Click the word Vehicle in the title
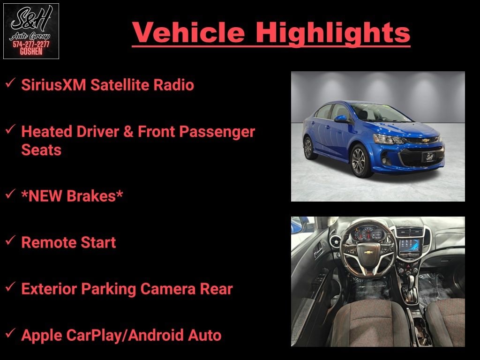pyautogui.click(x=188, y=32)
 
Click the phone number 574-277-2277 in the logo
pyautogui.click(x=31, y=45)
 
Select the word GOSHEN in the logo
pyautogui.click(x=31, y=52)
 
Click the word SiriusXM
pyautogui.click(x=53, y=85)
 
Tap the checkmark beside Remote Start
pyautogui.click(x=10, y=240)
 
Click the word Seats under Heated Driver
pyautogui.click(x=41, y=150)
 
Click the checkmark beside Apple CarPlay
pyautogui.click(x=10, y=333)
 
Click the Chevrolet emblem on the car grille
pyautogui.click(x=425, y=141)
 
